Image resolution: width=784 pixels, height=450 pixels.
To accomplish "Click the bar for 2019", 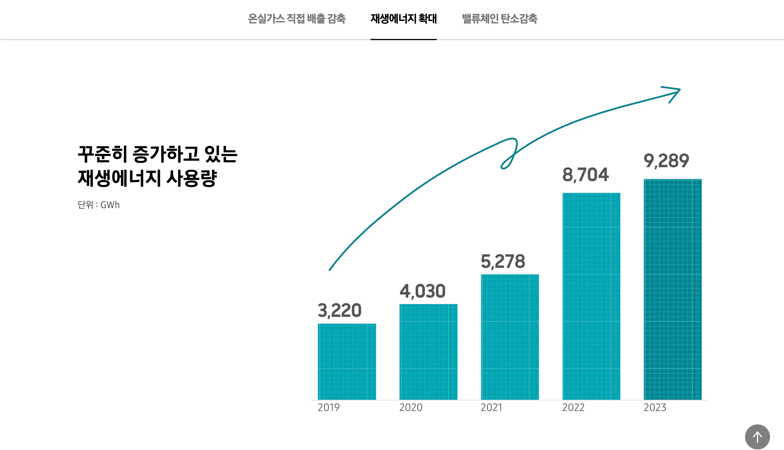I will tap(347, 362).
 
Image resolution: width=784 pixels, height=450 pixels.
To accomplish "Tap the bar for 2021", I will tap(510, 337).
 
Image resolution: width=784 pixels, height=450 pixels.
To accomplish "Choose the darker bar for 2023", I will tap(673, 289).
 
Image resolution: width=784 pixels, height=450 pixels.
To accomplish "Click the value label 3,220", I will tap(339, 310).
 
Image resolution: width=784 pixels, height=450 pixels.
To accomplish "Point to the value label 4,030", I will tap(422, 291).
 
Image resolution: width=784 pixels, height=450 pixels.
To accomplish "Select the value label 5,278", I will tap(503, 261).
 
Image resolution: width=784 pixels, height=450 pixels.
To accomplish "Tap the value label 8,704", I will tap(585, 175).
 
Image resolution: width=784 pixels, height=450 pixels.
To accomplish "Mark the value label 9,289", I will tap(666, 161).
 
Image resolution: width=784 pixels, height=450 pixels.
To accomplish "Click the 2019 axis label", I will tap(329, 407).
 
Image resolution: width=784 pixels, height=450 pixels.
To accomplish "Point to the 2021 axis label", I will tap(491, 407).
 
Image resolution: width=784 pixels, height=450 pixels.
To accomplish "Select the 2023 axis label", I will tap(655, 407).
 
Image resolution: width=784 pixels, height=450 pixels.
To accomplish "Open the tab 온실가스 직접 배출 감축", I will tap(297, 19).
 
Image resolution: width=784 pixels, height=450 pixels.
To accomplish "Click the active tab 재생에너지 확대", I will tap(403, 19).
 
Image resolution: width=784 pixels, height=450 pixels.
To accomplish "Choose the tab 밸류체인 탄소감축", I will tap(500, 19).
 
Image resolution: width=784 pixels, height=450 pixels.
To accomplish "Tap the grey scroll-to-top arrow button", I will tap(757, 437).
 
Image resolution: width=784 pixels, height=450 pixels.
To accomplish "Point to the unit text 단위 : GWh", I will tap(99, 205).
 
